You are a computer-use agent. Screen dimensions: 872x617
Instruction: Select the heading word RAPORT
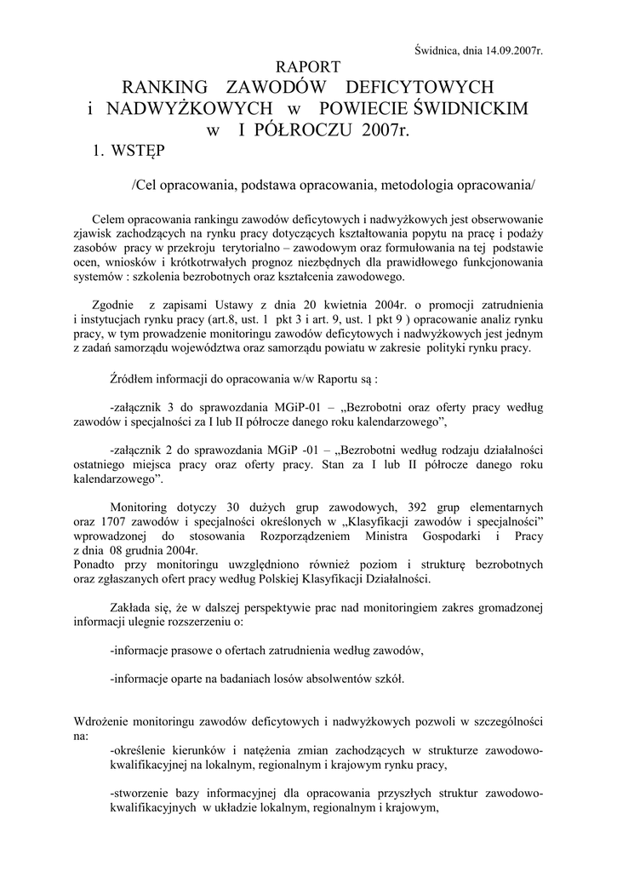[x=310, y=67]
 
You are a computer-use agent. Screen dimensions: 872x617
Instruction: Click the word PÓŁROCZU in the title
[x=299, y=130]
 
